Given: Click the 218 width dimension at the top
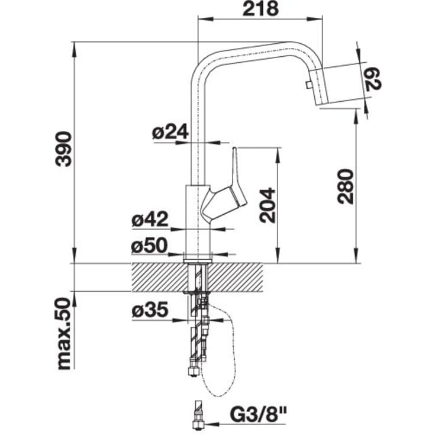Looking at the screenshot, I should point(260,9).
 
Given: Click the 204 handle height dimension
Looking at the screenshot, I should point(268,205).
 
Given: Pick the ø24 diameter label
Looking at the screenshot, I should point(170,133).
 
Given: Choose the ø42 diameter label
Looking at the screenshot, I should point(150,220).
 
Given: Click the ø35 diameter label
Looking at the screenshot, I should point(150,310).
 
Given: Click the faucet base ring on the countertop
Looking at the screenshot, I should point(198,259).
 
